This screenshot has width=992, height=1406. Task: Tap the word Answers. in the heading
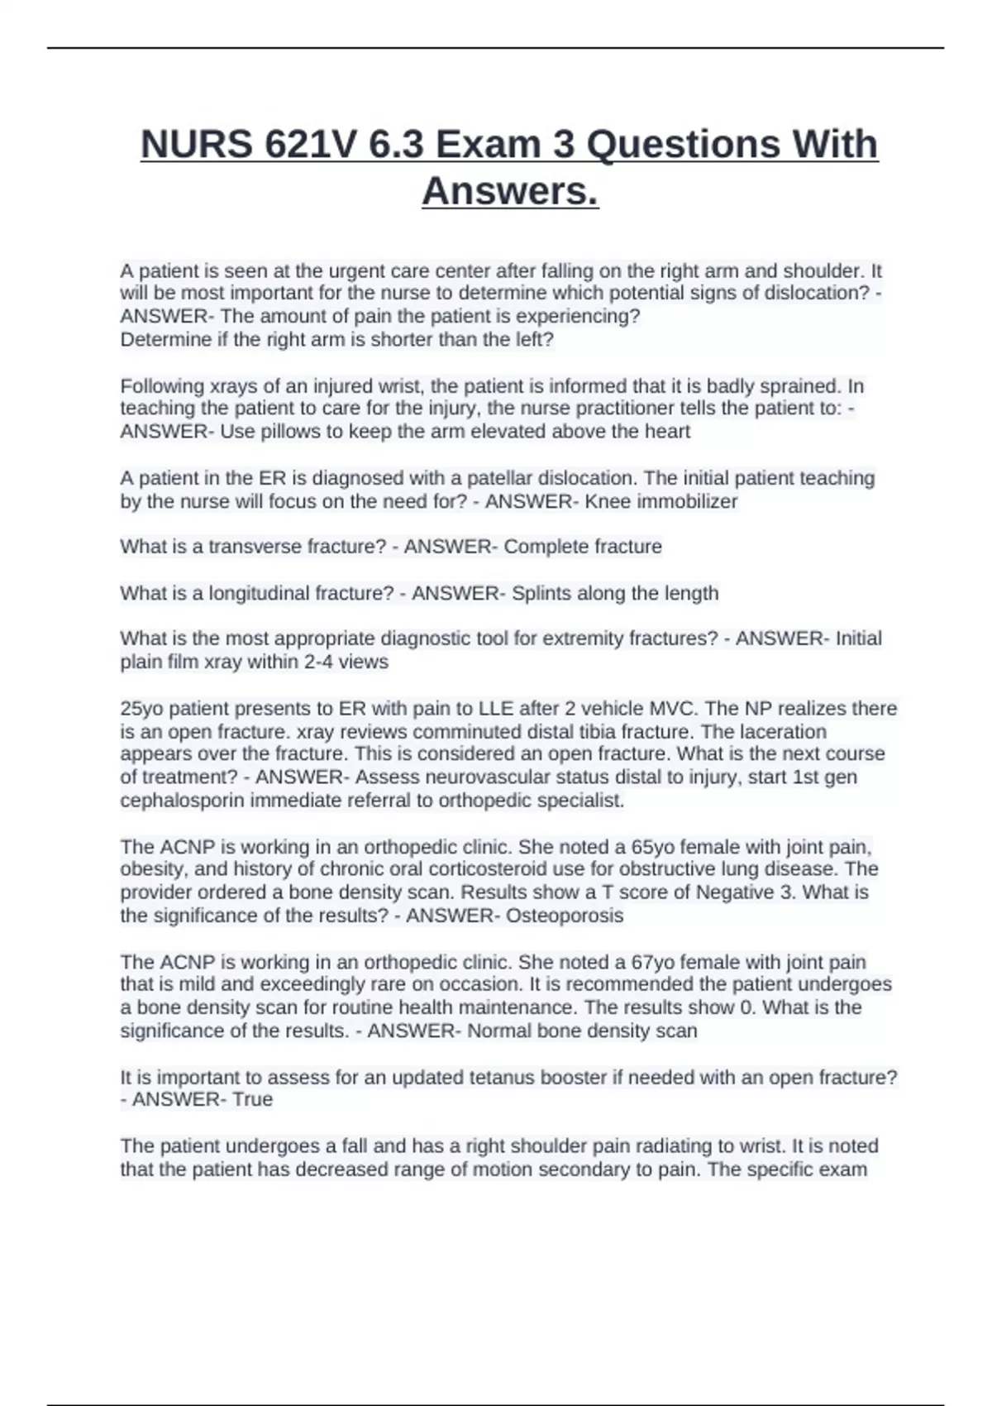[510, 192]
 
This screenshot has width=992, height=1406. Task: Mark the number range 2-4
[325, 662]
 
